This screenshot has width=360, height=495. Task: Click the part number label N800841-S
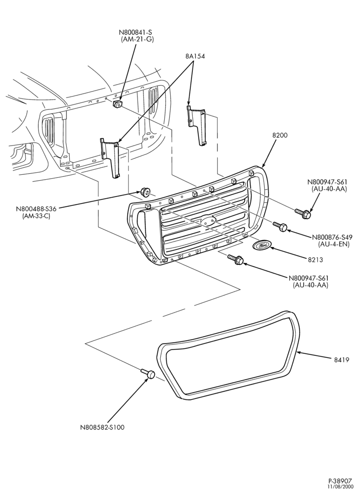(x=135, y=33)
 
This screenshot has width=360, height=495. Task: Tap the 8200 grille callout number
(x=279, y=135)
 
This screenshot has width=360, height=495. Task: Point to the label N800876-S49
(x=332, y=237)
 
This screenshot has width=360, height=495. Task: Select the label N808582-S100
(x=102, y=428)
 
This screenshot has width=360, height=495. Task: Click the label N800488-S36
(x=36, y=209)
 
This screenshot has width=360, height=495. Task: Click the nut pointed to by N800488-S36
(x=145, y=191)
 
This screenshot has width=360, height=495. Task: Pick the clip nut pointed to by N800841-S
(x=118, y=103)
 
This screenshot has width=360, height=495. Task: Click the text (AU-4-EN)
(x=333, y=244)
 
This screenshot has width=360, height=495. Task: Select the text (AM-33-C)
(x=36, y=216)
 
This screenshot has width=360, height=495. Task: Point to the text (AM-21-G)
(x=137, y=40)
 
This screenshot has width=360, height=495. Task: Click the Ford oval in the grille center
(x=207, y=220)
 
